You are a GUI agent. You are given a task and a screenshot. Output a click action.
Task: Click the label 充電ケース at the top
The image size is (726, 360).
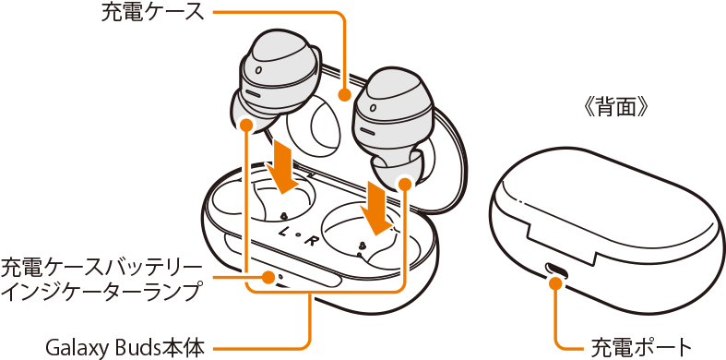click(152, 13)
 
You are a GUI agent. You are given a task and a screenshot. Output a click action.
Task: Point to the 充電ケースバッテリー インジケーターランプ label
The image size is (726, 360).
click(101, 280)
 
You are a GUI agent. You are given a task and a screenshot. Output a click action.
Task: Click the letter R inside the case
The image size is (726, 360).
click(307, 240)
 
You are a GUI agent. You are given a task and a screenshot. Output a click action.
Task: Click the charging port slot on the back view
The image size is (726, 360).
click(556, 269)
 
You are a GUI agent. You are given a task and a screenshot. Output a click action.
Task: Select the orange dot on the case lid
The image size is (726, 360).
click(343, 95)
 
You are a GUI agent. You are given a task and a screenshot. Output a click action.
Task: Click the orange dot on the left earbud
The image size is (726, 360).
click(246, 125)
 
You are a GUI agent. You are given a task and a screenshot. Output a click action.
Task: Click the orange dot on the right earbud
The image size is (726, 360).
click(405, 184)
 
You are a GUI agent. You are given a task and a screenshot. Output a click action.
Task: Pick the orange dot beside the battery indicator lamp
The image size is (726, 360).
click(268, 278)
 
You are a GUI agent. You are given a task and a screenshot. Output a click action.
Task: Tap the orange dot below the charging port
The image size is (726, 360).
click(556, 282)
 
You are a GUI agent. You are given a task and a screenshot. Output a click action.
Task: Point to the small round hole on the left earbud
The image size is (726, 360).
click(258, 71)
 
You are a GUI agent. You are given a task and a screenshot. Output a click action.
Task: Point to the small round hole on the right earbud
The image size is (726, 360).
click(371, 108)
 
